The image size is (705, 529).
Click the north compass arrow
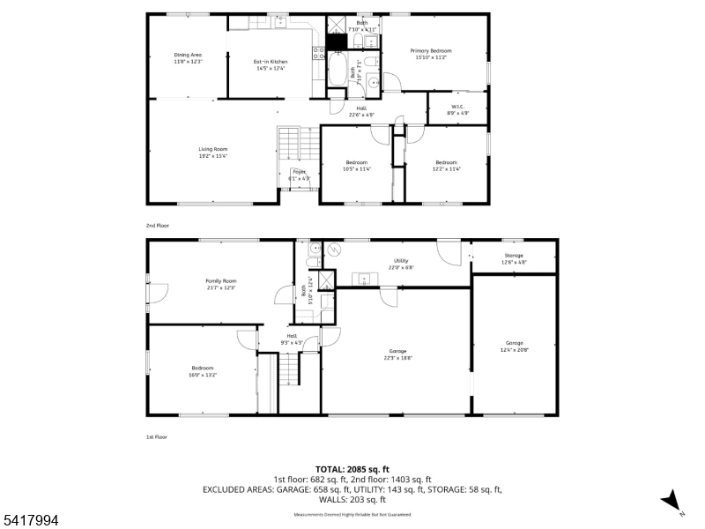click(672, 500)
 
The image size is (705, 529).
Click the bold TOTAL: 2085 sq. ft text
click(352, 469)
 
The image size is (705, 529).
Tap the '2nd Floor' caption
click(158, 226)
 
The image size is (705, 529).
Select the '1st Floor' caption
click(157, 436)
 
